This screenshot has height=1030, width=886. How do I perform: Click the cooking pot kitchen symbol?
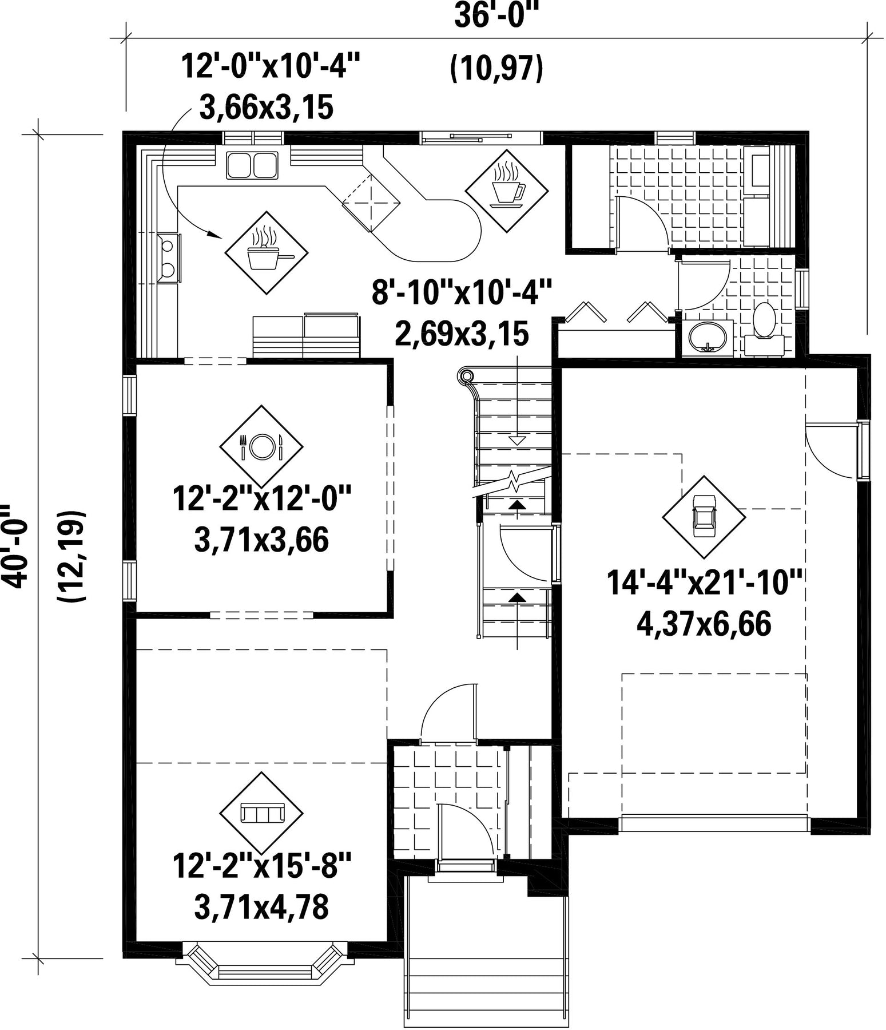pos(267,252)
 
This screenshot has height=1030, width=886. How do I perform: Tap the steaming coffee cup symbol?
pos(507,191)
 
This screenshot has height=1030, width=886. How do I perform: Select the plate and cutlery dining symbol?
pos(261,446)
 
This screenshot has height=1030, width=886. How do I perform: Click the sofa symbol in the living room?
pos(261,813)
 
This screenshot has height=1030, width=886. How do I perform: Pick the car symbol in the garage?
pos(704,517)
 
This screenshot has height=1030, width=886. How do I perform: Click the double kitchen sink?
pos(252,165)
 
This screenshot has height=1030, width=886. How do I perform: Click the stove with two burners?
pos(169,258)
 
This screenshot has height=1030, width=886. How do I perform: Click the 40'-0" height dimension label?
pos(13,545)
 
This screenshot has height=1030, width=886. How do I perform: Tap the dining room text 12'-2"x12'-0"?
pos(261,498)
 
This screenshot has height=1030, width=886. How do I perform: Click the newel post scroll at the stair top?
pos(466,377)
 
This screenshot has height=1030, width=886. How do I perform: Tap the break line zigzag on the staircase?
pos(514,482)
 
